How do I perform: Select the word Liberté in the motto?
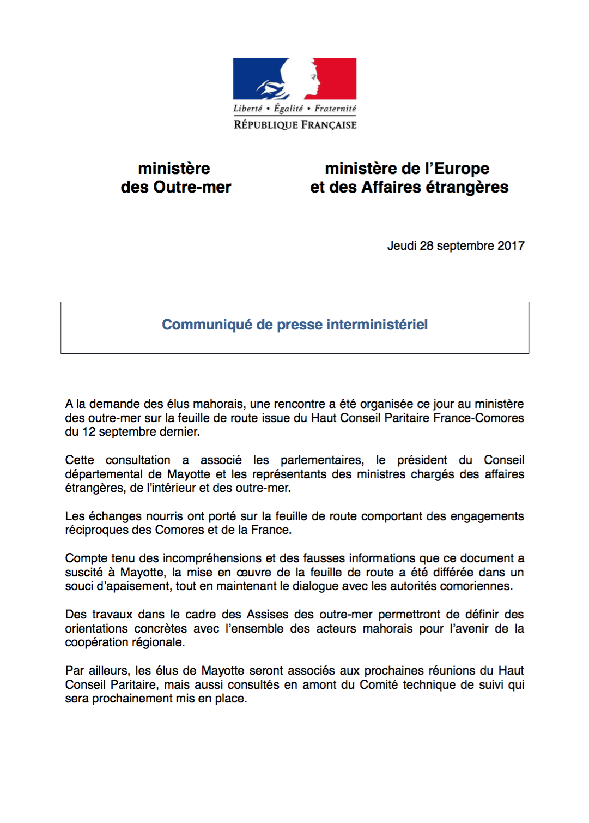[x=247, y=109]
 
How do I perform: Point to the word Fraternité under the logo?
[x=335, y=109]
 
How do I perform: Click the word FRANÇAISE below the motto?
[x=329, y=125]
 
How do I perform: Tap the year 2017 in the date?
[x=511, y=246]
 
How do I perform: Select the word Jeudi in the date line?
[x=402, y=246]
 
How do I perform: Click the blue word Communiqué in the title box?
[x=207, y=325]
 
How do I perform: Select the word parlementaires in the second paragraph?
[x=322, y=460]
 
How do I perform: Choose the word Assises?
[x=267, y=615]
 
